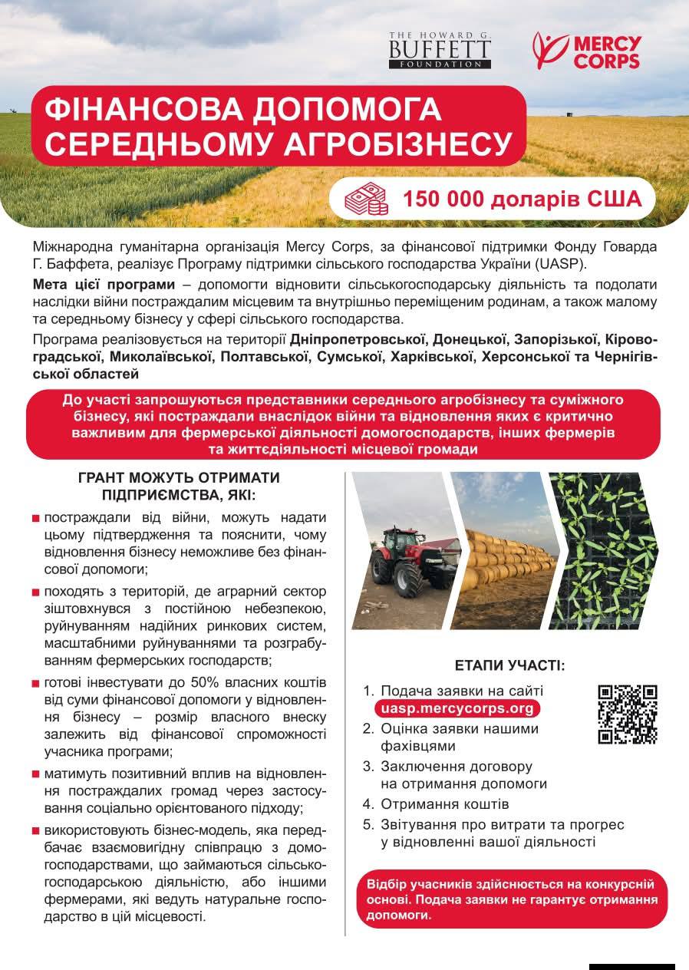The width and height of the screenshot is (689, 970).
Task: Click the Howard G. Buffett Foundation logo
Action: coord(440,51)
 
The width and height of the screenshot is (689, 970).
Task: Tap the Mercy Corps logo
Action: coord(586,51)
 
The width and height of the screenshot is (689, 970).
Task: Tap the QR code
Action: coord(627,714)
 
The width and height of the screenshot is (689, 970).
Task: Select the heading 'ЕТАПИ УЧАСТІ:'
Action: coord(509,665)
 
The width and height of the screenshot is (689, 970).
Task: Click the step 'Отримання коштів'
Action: coord(445,804)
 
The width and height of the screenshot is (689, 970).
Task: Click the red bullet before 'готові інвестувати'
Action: coord(36,683)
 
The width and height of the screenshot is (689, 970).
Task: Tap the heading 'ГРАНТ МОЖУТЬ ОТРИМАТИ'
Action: coord(179,477)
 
